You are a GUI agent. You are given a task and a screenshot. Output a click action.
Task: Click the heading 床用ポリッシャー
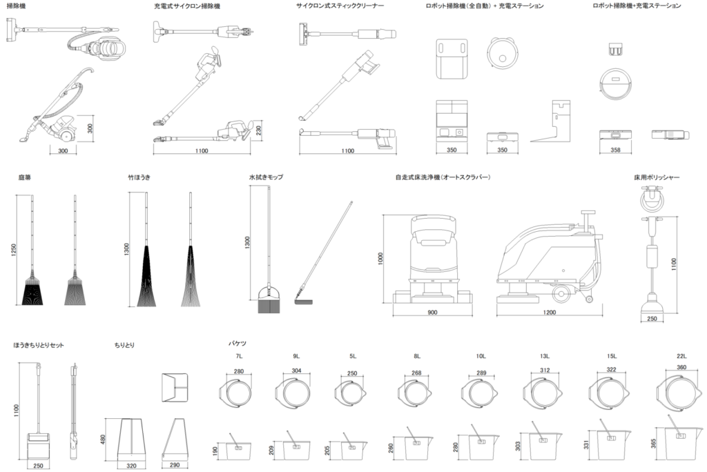click(x=657, y=177)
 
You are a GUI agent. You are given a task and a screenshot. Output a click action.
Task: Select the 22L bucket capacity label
click(x=681, y=356)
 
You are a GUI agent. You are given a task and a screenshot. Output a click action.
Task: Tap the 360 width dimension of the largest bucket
click(x=681, y=368)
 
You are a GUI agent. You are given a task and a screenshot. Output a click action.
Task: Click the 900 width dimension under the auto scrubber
click(x=432, y=313)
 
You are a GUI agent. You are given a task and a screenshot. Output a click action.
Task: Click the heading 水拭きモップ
click(x=266, y=177)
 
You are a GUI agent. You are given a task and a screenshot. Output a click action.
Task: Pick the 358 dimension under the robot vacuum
click(x=615, y=150)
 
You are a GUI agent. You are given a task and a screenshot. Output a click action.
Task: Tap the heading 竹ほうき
click(x=139, y=177)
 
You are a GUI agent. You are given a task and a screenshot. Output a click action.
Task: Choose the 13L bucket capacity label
click(x=545, y=356)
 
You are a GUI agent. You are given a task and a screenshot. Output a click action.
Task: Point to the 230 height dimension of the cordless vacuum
click(x=260, y=130)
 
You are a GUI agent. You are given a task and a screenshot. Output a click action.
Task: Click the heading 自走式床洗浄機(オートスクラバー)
click(x=442, y=177)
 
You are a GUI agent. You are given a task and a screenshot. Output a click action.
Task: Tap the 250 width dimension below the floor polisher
click(x=652, y=319)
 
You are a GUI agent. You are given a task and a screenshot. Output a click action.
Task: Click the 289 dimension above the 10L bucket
click(x=481, y=373)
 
